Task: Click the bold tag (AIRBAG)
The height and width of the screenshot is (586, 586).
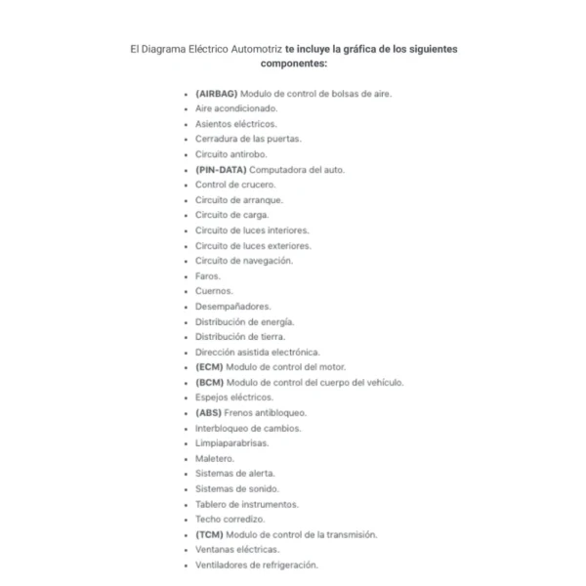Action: coord(216,94)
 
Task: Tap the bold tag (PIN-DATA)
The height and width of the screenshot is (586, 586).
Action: coord(220,169)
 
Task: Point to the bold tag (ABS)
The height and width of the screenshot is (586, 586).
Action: coord(208,412)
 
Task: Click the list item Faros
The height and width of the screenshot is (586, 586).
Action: coord(208,275)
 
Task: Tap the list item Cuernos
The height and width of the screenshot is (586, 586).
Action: coord(214,291)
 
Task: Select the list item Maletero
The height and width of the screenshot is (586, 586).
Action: coord(215,458)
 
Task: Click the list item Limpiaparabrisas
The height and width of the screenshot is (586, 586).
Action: coord(231,442)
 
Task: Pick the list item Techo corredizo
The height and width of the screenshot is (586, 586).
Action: coord(230,519)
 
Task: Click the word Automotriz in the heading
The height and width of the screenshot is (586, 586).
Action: coord(252,47)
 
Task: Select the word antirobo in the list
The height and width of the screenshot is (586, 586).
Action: coord(248,154)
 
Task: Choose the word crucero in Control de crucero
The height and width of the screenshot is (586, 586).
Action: coord(259,185)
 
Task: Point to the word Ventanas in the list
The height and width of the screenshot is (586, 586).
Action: coord(215,549)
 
